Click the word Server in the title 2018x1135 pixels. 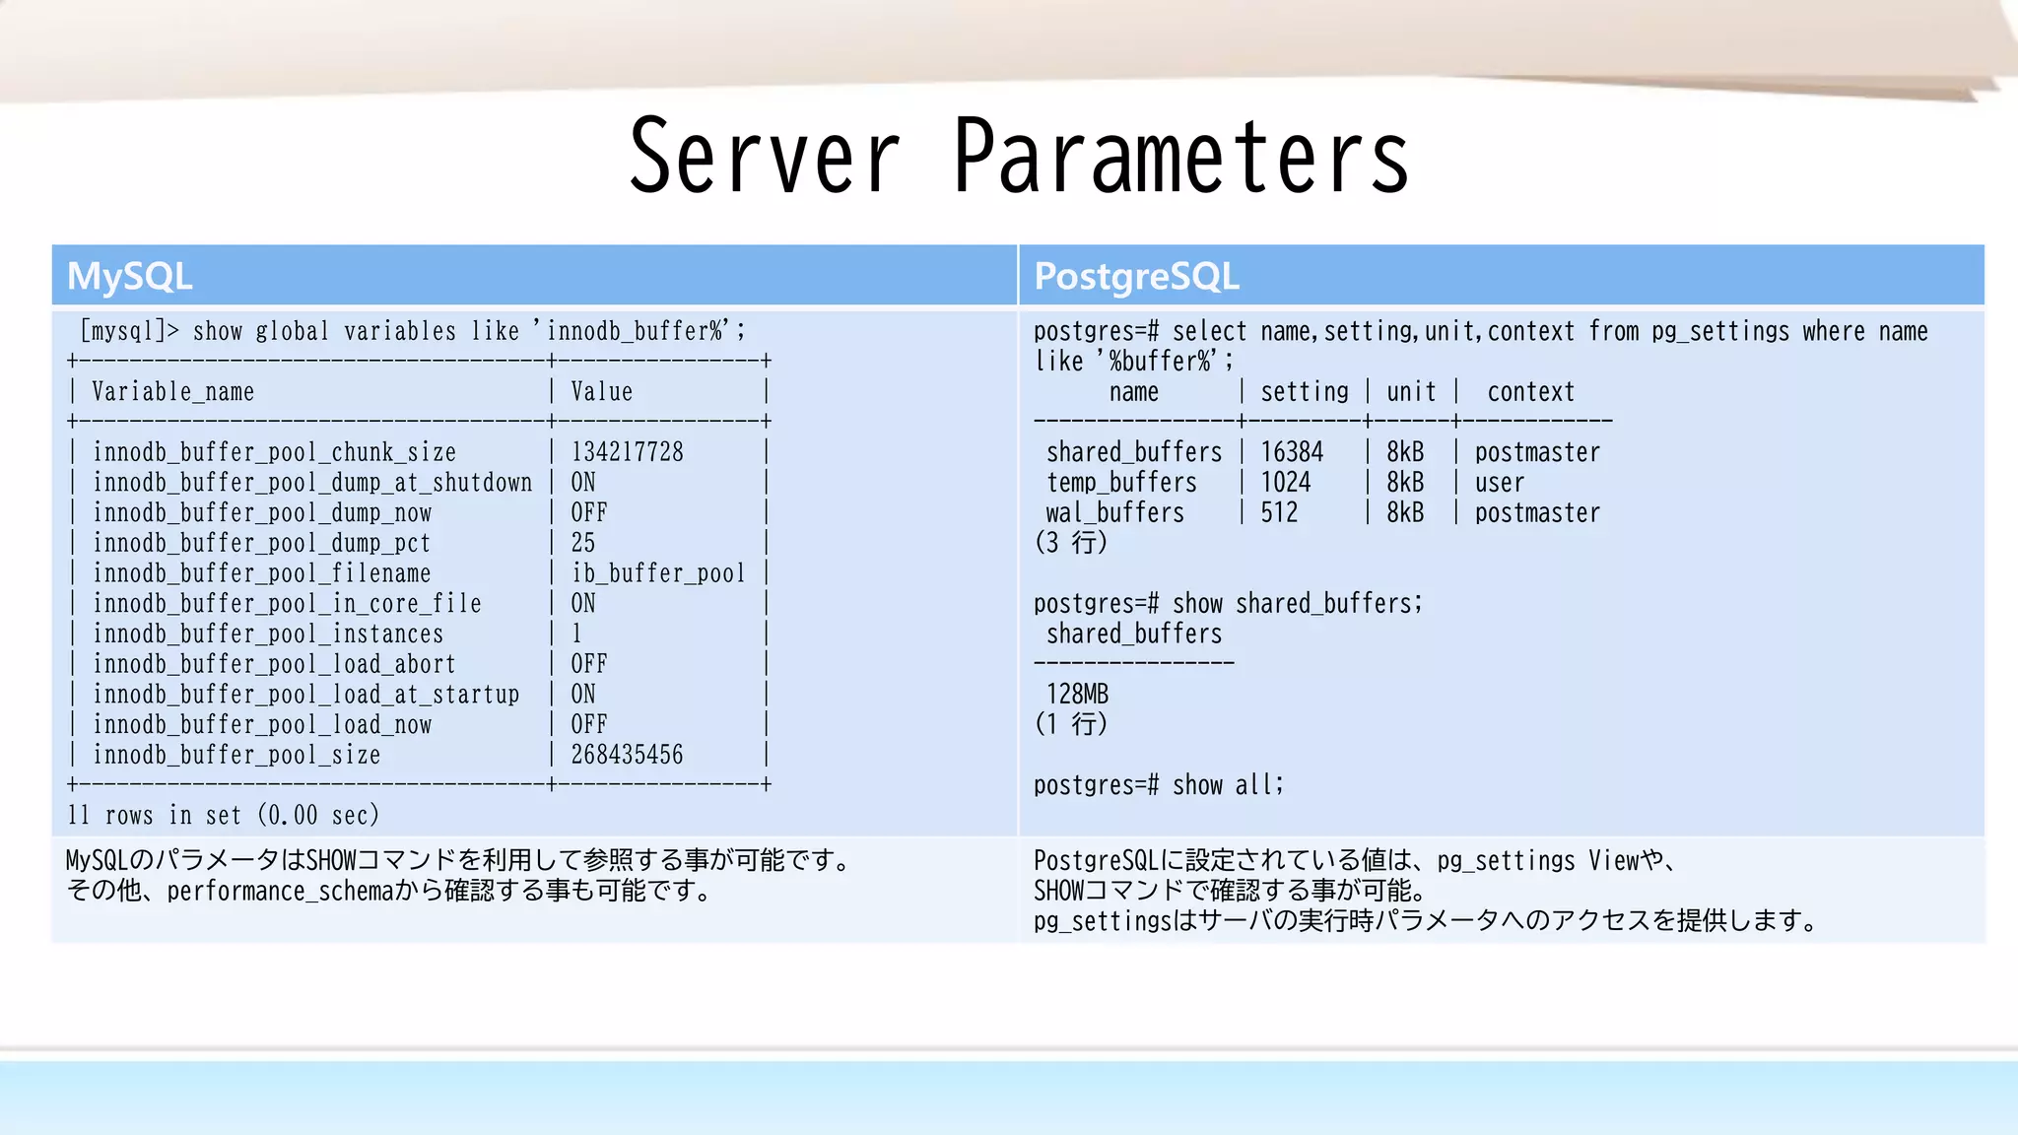pos(764,156)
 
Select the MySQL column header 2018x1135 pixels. pos(129,276)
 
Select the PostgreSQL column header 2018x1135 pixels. pos(1136,276)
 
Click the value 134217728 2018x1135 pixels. pos(627,452)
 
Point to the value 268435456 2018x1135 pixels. pos(627,755)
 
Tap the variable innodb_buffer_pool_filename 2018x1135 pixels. pos(261,573)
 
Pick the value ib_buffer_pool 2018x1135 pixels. pos(658,573)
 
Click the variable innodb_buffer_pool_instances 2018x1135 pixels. pos(268,634)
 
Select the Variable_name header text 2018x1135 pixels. pos(172,392)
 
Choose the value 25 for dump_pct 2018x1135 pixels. pos(583,543)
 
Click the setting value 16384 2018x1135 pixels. pos(1292,452)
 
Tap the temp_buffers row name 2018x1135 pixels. pos(1121,483)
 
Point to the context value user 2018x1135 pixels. pos(1499,483)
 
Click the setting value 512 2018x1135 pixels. pos(1279,513)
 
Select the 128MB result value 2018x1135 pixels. pos(1077,695)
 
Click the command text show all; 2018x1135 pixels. pos(1228,785)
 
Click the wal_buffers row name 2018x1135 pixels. pos(1114,513)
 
